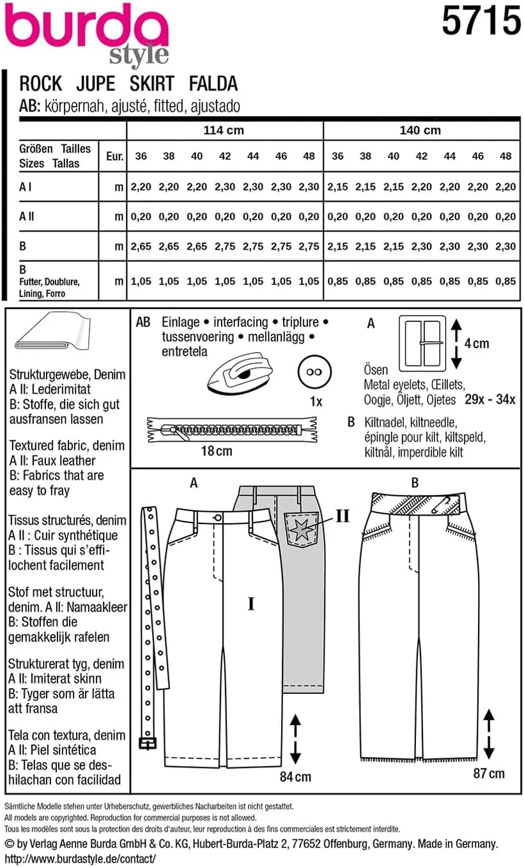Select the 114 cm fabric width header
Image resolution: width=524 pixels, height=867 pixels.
224,130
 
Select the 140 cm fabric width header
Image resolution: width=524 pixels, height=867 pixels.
420,130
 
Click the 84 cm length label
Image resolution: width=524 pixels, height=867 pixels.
295,776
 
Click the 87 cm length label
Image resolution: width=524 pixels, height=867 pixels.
488,773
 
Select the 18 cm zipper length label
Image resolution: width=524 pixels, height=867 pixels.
216,451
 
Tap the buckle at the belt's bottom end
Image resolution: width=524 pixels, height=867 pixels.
148,743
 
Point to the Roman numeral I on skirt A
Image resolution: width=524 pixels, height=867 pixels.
251,603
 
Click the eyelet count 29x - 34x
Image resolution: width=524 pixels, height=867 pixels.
489,400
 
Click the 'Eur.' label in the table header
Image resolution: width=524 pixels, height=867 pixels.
114,156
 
